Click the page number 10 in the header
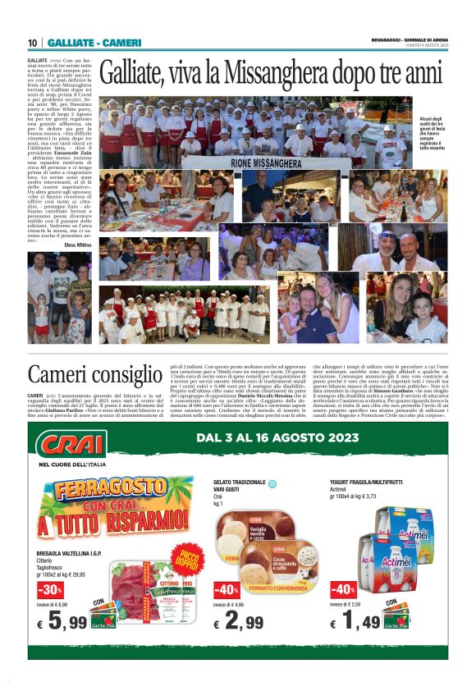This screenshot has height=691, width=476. [33, 43]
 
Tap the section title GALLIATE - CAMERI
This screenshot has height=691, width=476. [94, 43]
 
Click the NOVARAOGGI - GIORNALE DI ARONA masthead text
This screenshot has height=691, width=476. [406, 39]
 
